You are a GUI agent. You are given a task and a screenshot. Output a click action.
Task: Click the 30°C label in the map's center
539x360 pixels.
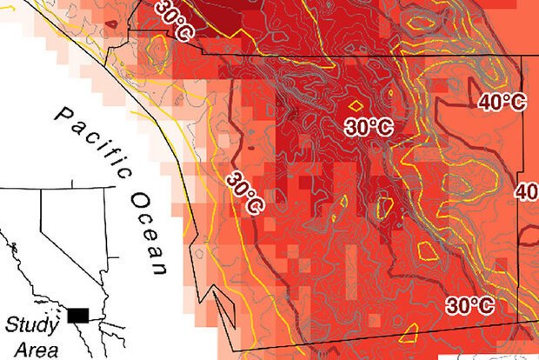coord(369,127)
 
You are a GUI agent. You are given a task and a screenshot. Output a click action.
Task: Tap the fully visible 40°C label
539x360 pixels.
coord(502,102)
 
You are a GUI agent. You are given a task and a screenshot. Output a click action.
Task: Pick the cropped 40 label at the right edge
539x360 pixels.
coord(528,190)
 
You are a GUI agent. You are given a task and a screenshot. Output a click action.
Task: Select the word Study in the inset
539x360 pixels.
coord(30,325)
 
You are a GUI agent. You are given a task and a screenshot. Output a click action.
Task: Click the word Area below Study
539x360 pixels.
coord(30,350)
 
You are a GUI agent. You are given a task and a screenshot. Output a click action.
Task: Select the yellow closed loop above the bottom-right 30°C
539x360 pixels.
coord(427,251)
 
